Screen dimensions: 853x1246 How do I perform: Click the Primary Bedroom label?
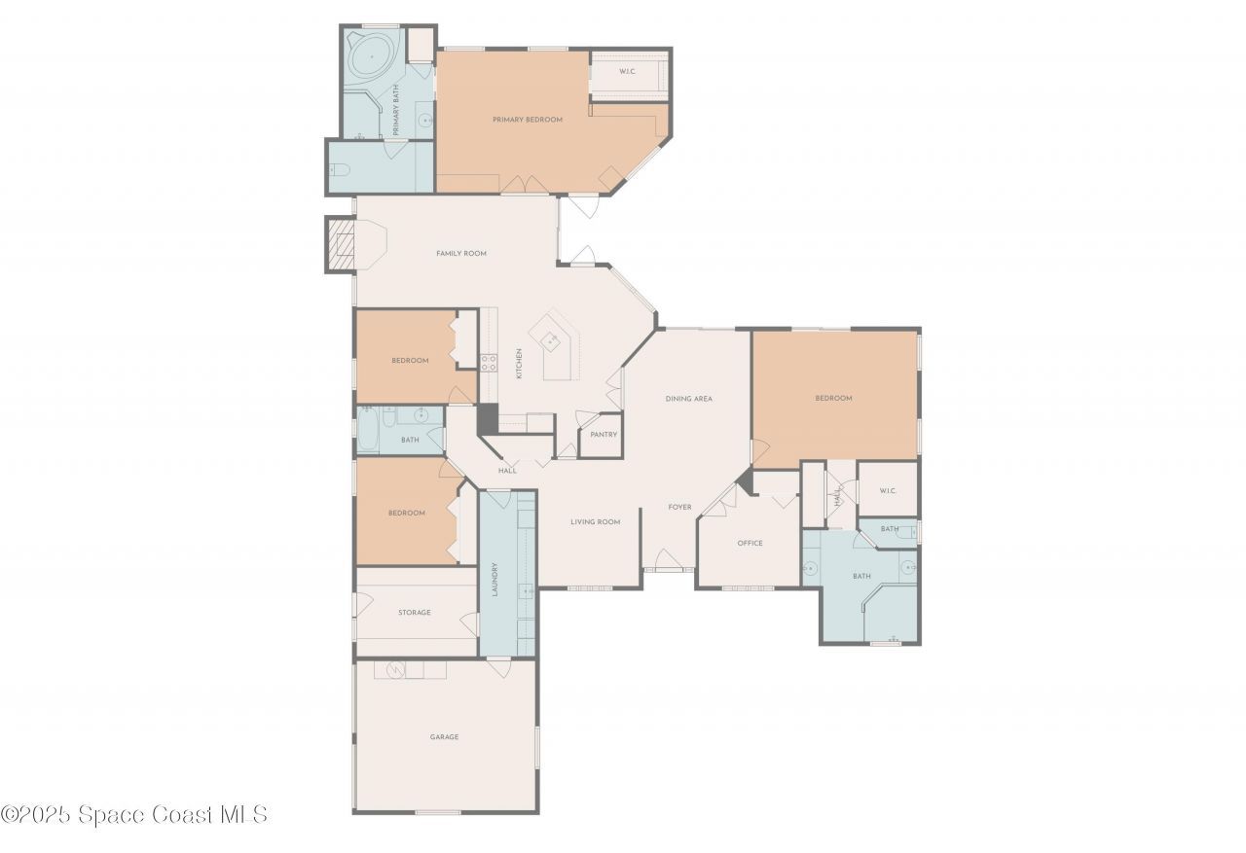[x=527, y=120]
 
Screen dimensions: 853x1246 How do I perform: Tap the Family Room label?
[x=460, y=254]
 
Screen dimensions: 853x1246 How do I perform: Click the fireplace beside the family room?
[x=340, y=244]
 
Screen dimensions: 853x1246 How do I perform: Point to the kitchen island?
[x=558, y=345]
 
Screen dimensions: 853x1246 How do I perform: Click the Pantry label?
[x=604, y=435]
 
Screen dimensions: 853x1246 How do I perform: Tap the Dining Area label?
[x=689, y=399]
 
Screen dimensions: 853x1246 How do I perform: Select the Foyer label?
[x=679, y=508]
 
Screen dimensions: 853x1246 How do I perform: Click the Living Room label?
[x=595, y=522]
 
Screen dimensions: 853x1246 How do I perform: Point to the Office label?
[x=750, y=544]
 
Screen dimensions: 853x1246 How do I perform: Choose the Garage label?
[x=444, y=737]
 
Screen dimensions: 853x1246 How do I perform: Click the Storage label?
[x=414, y=613]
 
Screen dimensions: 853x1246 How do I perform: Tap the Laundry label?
[x=495, y=580]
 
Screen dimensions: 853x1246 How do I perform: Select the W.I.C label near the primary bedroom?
[x=628, y=71]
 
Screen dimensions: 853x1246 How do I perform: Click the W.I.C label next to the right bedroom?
[x=887, y=491]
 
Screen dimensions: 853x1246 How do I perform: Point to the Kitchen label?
[x=519, y=364]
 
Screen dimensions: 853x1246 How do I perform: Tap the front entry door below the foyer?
[x=668, y=561]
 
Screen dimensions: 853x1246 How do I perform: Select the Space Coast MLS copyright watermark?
[x=133, y=815]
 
